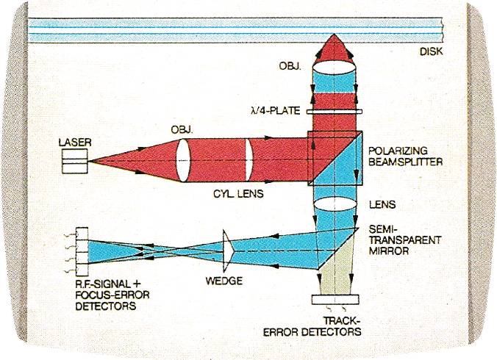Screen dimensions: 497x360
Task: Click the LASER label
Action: pos(75,143)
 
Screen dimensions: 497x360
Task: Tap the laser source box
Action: pos(75,162)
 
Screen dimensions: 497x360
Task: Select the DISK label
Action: pos(431,51)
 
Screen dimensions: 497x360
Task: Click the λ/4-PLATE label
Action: pos(275,110)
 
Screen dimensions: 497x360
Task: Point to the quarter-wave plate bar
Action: pos(335,112)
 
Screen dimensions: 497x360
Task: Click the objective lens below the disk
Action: pos(334,69)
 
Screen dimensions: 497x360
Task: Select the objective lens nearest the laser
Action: pos(183,160)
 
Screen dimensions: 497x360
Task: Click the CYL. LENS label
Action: pos(238,193)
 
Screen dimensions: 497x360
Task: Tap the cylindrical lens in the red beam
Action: pos(248,160)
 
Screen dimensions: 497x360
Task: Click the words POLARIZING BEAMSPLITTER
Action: pos(405,156)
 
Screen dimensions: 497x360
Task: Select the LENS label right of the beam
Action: pos(382,204)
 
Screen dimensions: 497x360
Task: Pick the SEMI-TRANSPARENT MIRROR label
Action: pos(405,240)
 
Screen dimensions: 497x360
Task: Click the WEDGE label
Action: pos(224,281)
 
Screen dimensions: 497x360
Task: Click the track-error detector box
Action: pos(335,299)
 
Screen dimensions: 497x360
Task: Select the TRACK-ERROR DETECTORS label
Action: pos(312,326)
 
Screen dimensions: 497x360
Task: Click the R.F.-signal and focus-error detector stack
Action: pos(82,251)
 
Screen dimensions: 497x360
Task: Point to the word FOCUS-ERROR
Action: pos(112,295)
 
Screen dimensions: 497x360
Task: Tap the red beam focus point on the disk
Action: pos(334,35)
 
